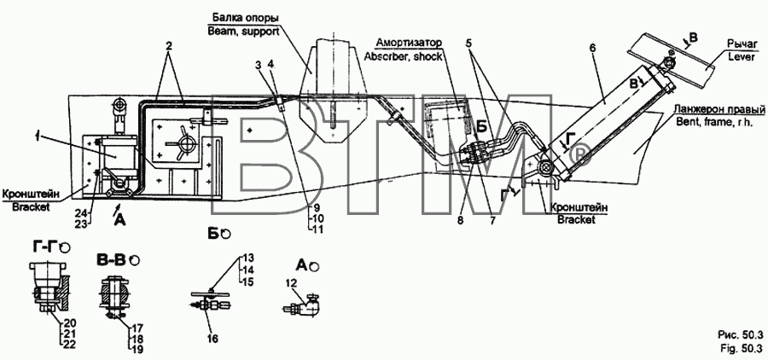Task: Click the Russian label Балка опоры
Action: pos(246,18)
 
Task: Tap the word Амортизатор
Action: pos(409,42)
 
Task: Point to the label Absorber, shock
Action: pos(404,55)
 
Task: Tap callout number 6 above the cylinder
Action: pos(593,49)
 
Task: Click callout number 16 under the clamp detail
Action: pos(212,339)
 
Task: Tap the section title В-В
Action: pos(112,259)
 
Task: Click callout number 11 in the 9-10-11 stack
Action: pos(318,229)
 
